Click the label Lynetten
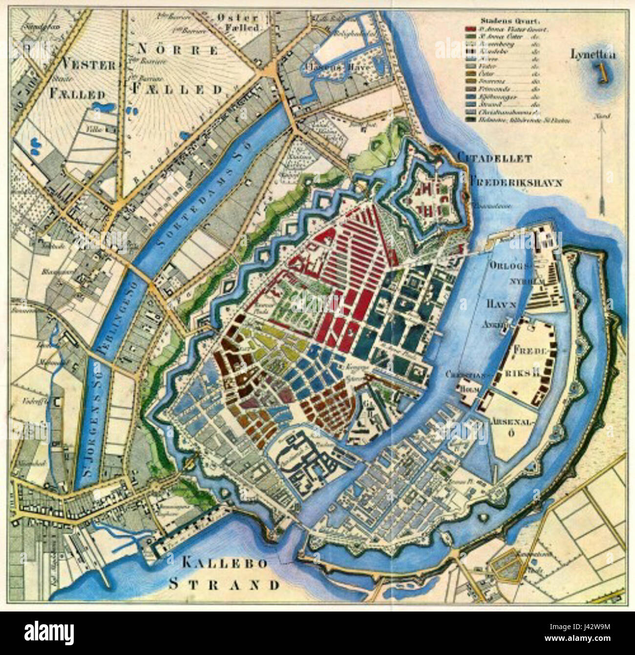(593, 55)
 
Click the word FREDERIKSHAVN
(516, 183)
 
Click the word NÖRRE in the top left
(177, 49)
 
